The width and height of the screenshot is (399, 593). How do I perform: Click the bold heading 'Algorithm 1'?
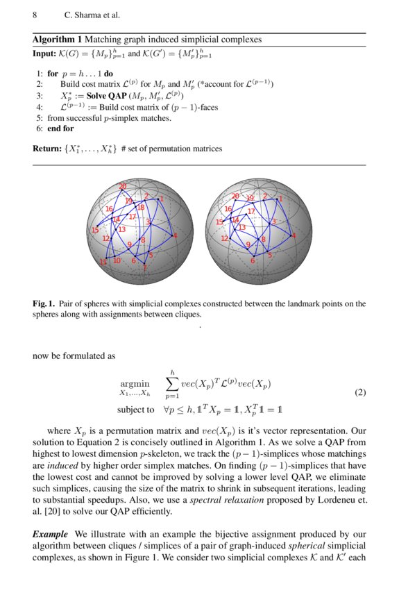pos(58,40)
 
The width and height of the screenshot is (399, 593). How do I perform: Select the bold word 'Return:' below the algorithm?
pos(49,149)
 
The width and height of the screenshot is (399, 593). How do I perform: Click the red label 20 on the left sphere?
pos(123,186)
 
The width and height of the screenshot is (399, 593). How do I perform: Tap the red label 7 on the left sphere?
pos(145,268)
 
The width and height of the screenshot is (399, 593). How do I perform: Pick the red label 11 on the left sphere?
pos(103,262)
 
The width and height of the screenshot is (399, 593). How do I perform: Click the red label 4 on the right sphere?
pos(294,236)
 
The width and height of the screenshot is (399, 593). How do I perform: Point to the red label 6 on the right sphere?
pos(253,261)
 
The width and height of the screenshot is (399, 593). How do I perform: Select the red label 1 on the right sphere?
pos(281,199)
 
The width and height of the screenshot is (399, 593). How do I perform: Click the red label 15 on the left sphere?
pos(95,230)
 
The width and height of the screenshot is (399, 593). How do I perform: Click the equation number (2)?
pos(359,392)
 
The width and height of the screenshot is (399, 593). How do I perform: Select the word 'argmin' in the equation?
pos(135,383)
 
